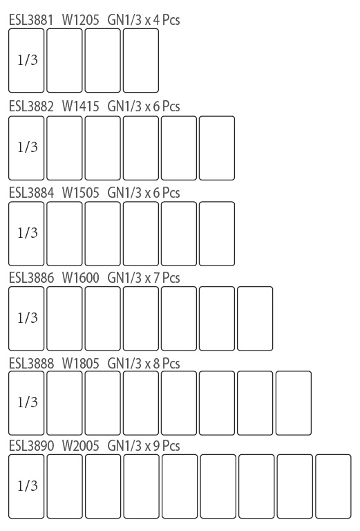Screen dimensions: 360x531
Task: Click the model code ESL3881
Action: (31, 20)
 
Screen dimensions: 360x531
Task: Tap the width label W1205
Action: (81, 20)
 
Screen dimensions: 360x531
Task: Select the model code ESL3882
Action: (31, 106)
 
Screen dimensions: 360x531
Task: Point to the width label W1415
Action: (81, 106)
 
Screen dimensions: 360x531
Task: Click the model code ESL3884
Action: (31, 193)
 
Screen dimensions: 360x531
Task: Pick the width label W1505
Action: (81, 193)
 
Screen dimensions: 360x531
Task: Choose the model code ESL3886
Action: (31, 278)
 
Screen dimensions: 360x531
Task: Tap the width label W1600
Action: (81, 278)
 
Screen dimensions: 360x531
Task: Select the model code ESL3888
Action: (31, 364)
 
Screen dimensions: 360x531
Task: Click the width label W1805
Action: (81, 364)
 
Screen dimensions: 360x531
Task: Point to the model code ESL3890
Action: (31, 446)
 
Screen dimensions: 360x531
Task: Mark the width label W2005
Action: (81, 446)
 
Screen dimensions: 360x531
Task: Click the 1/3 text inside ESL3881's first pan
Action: (28, 60)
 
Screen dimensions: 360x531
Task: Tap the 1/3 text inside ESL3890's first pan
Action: (28, 485)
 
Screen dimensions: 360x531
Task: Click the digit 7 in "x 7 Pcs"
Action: (156, 278)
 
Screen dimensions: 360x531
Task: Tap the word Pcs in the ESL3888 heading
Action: (171, 364)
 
